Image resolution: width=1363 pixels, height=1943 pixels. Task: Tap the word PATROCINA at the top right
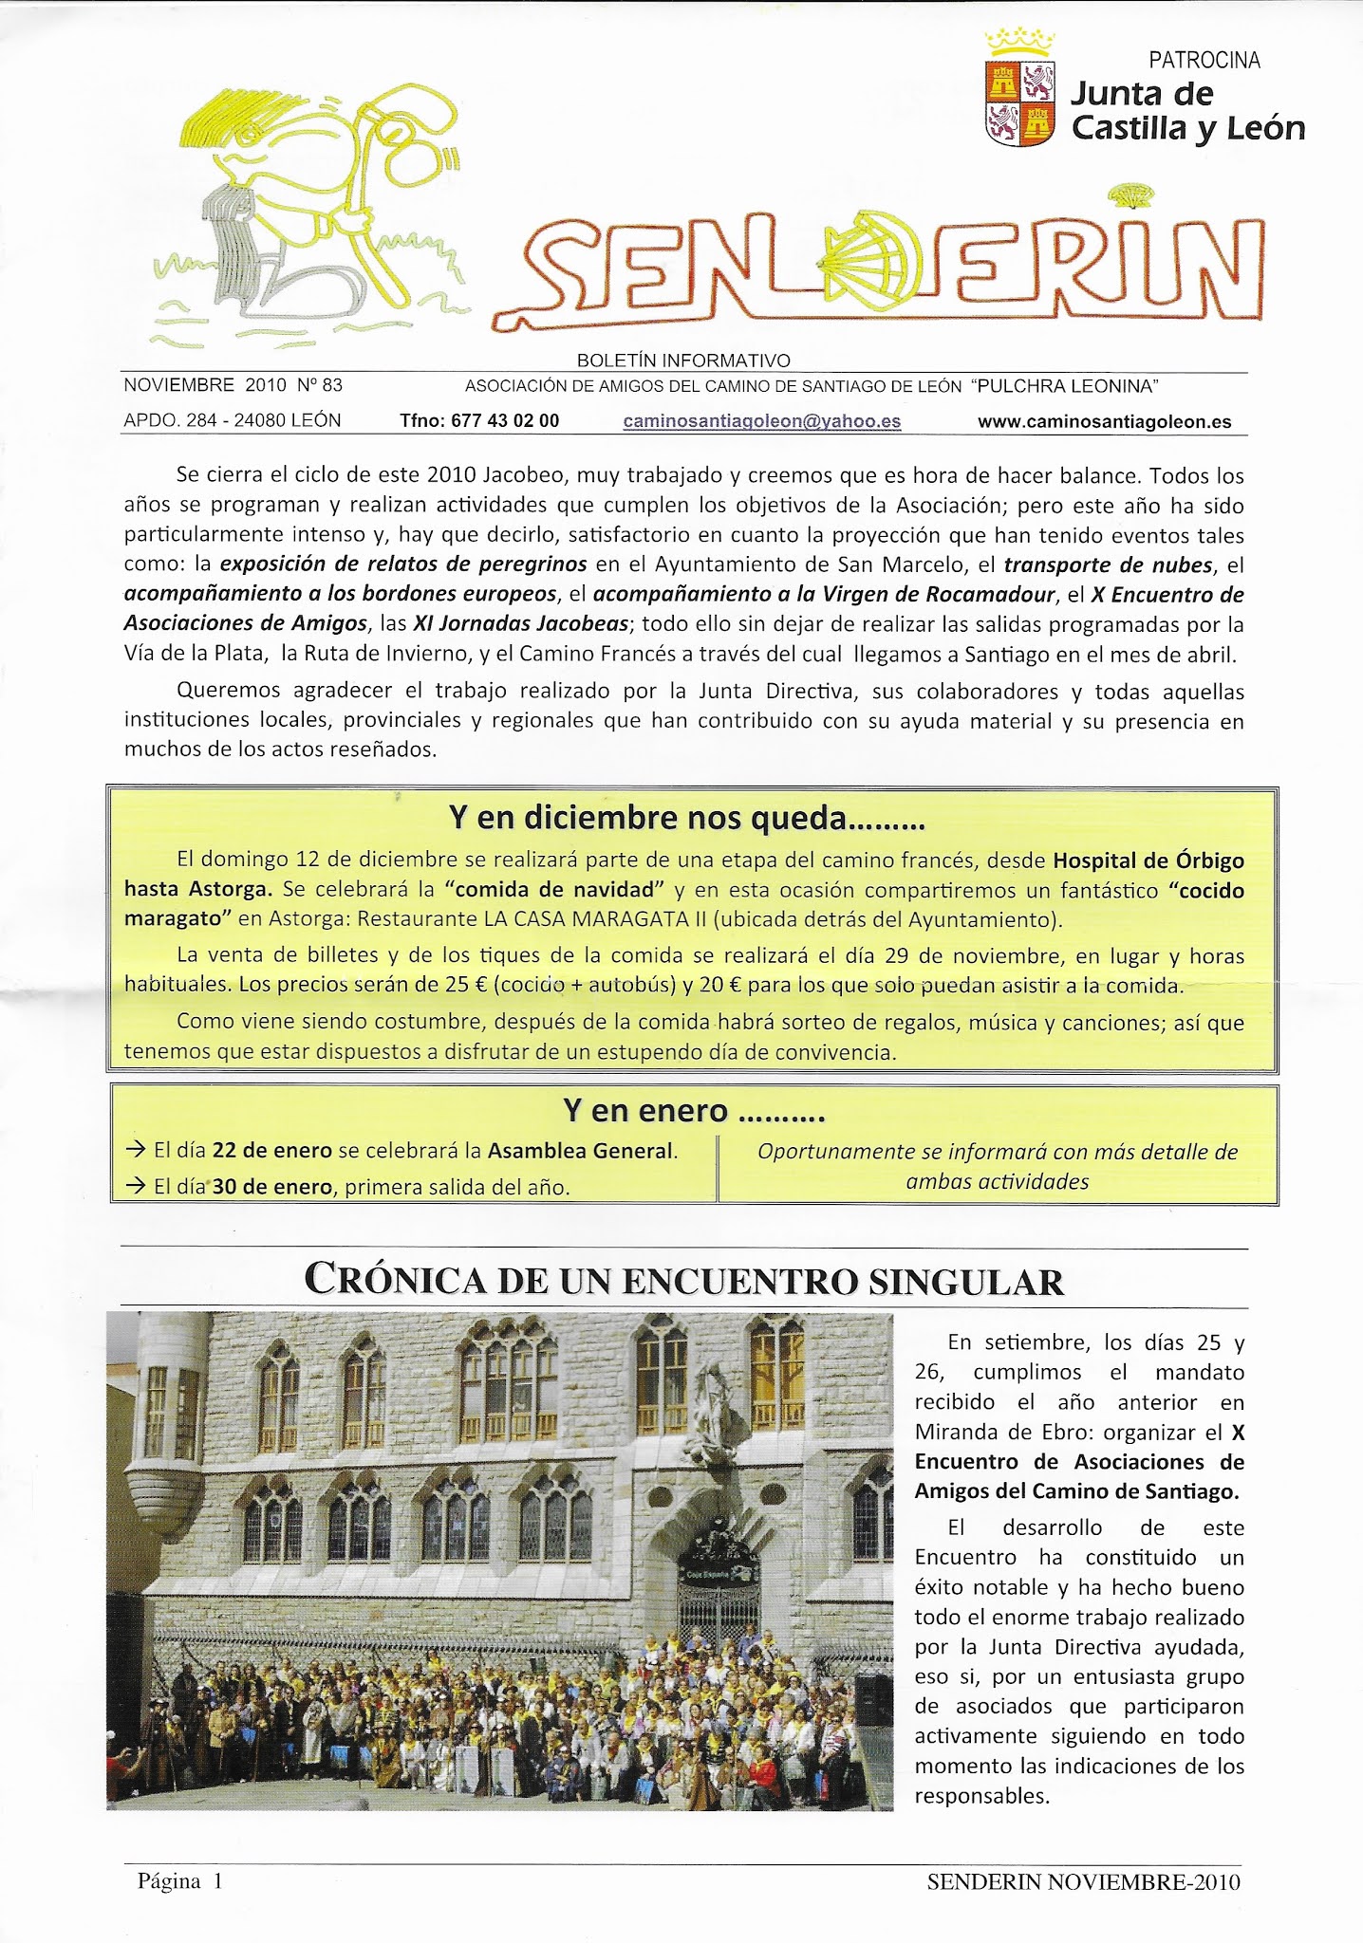(1204, 61)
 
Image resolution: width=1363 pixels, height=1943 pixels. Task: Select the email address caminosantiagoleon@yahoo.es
(761, 421)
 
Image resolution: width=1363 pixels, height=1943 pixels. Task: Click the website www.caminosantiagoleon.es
(1104, 422)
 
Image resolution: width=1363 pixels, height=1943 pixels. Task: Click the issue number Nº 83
(319, 385)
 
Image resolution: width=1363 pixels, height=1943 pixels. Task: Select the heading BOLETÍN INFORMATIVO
(683, 361)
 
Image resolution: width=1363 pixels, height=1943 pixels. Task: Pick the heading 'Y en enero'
(693, 1110)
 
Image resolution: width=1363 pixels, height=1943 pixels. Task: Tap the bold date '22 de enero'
(272, 1151)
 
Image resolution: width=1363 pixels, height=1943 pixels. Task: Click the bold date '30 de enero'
(273, 1186)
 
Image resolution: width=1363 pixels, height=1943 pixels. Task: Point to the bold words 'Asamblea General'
(580, 1151)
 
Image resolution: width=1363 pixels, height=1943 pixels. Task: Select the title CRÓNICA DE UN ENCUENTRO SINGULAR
(683, 1281)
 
